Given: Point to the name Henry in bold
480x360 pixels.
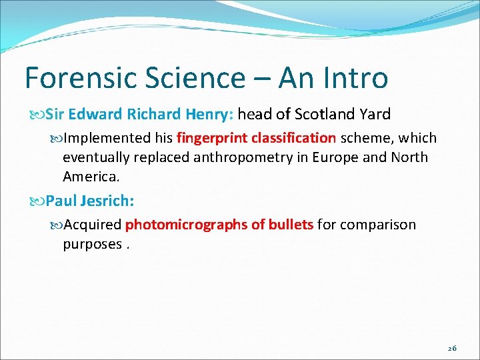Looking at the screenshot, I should (208, 114).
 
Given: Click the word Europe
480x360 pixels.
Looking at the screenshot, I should (339, 157).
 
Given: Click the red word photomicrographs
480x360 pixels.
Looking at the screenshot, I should (186, 225).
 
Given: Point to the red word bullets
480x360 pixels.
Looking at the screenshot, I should (290, 225).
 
